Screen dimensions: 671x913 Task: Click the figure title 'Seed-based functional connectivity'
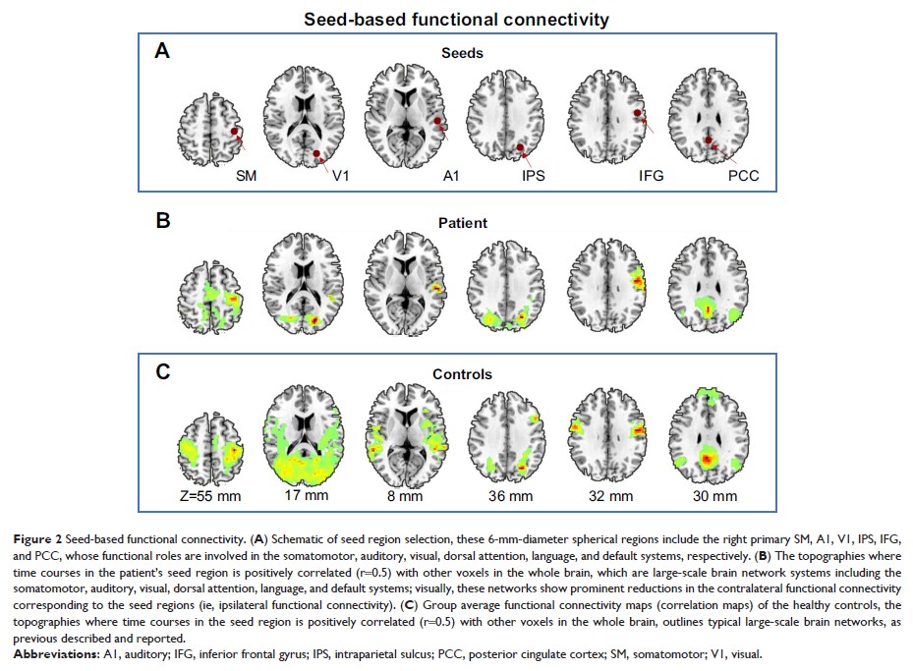pyautogui.click(x=455, y=20)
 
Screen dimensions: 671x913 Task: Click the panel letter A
pyautogui.click(x=164, y=52)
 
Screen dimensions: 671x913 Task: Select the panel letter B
pyautogui.click(x=164, y=220)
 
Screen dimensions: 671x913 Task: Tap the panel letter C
pyautogui.click(x=164, y=370)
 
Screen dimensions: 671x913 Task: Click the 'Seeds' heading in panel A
pyautogui.click(x=461, y=53)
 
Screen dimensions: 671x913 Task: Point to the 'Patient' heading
pyautogui.click(x=461, y=223)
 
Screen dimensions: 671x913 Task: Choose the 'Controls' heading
pyautogui.click(x=461, y=373)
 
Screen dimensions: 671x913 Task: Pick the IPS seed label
pyautogui.click(x=534, y=177)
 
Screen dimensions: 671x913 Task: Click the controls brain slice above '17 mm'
pyautogui.click(x=306, y=431)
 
